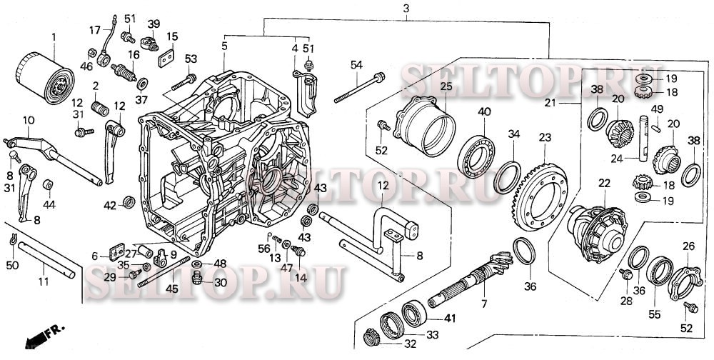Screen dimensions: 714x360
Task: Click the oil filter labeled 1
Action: click(x=44, y=78)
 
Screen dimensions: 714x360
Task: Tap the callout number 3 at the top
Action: click(x=406, y=8)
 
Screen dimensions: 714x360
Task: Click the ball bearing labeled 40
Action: click(x=476, y=156)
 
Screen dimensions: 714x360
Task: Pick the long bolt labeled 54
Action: click(x=359, y=87)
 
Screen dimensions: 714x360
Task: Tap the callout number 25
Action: click(x=446, y=86)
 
